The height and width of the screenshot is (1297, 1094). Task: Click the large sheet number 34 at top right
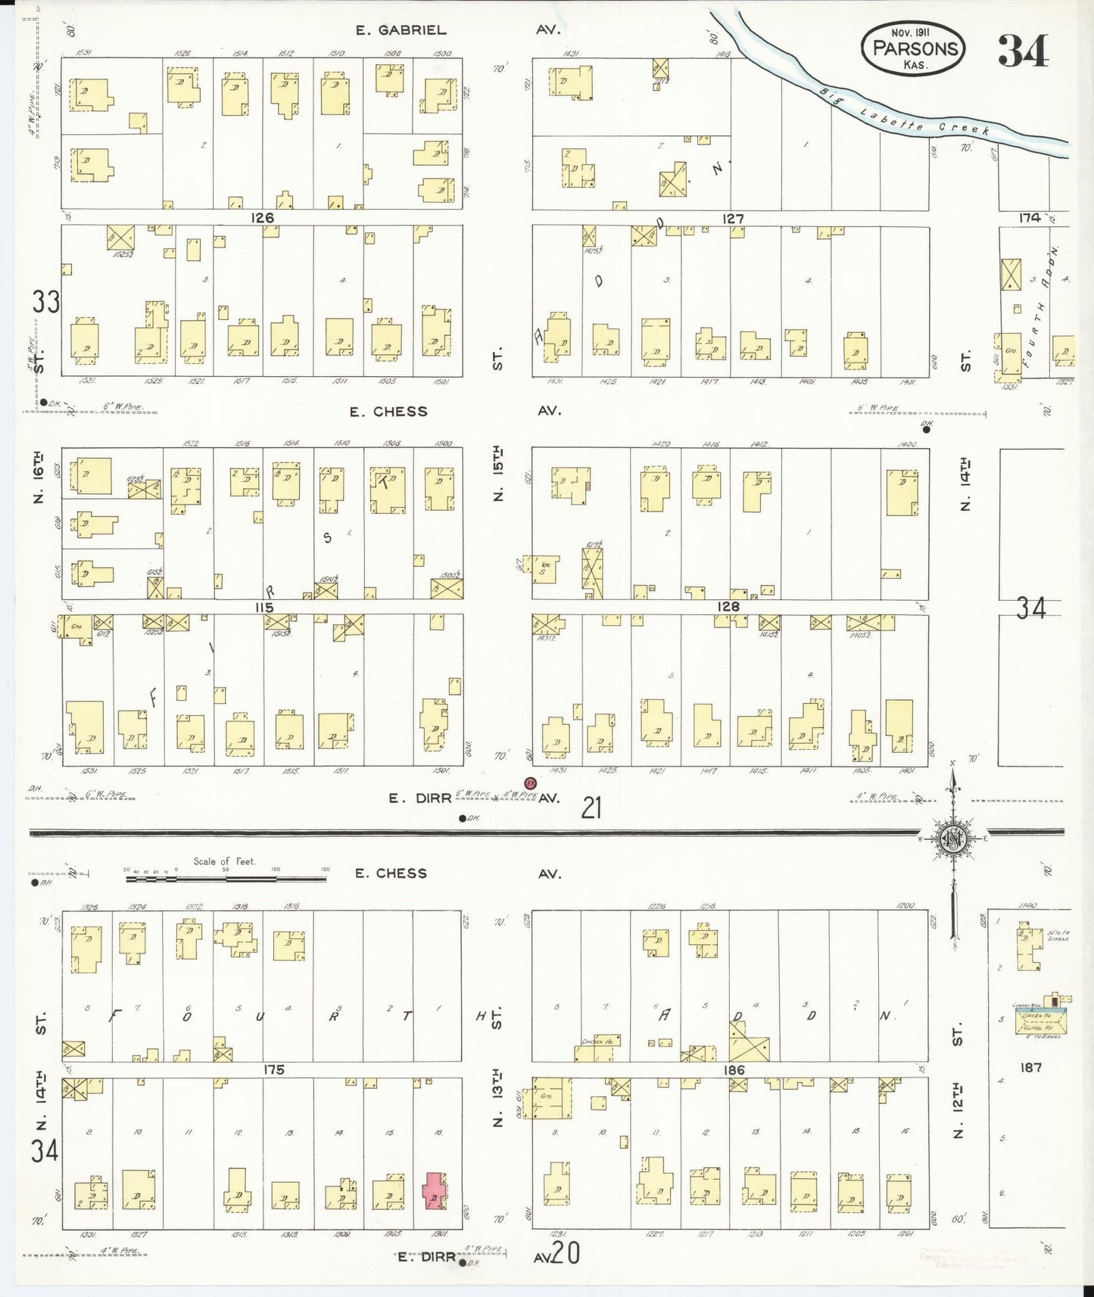1023,51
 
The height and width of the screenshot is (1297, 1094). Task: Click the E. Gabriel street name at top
402,30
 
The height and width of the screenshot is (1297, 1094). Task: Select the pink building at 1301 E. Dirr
435,1190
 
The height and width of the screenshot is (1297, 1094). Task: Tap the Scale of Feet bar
226,879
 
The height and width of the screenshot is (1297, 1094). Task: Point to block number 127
732,219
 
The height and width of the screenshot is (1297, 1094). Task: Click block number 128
728,606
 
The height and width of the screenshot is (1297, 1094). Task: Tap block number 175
273,1070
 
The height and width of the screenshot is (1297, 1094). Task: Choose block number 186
734,1070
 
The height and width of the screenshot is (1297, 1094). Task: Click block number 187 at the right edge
1030,1068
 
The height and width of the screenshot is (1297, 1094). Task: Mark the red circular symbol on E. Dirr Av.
530,782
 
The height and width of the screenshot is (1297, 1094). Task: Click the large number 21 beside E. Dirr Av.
591,809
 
